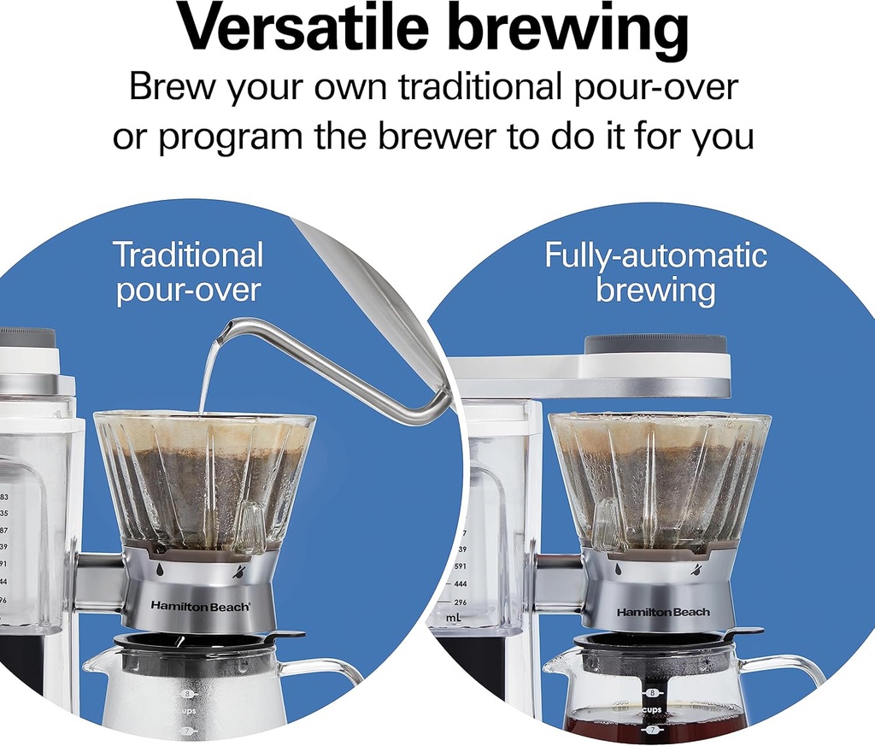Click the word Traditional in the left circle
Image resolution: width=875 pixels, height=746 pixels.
click(x=188, y=255)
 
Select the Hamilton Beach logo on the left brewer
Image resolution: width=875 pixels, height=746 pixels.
click(x=201, y=605)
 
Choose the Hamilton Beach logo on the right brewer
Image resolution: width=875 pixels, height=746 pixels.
click(x=663, y=612)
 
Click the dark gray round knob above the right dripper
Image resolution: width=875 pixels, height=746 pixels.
click(x=655, y=344)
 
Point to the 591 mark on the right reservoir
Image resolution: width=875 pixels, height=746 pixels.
click(x=459, y=566)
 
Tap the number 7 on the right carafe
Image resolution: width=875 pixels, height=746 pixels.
click(x=652, y=731)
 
